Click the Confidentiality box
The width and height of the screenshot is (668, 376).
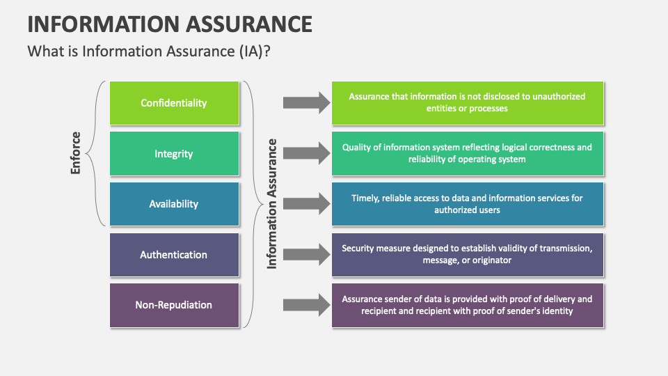(x=174, y=103)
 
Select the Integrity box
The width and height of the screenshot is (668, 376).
(x=174, y=153)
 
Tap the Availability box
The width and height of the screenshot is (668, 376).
(x=174, y=204)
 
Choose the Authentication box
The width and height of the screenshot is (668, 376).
(x=174, y=254)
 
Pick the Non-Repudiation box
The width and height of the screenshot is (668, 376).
(x=174, y=305)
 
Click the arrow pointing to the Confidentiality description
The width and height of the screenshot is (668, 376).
(x=305, y=103)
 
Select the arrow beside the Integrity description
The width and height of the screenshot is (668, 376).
(x=305, y=153)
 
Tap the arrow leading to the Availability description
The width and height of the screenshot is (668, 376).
(x=305, y=204)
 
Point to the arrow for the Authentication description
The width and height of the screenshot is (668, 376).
(x=305, y=254)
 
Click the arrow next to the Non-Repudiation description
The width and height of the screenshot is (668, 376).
(x=305, y=305)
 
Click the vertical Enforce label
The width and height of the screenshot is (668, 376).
(x=76, y=152)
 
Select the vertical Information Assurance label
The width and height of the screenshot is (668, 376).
(x=272, y=203)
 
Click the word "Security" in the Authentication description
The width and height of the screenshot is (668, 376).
(x=359, y=248)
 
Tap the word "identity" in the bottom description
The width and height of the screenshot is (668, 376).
(x=557, y=311)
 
